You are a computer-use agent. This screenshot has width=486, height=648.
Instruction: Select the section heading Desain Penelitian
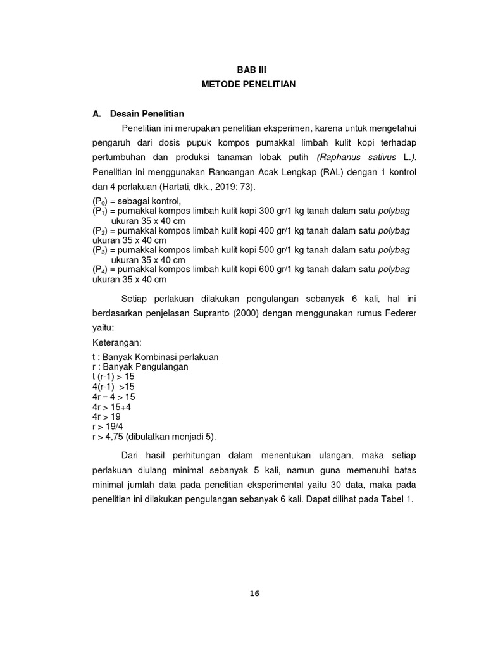coord(147,114)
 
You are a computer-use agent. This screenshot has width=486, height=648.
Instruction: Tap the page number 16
coord(254,593)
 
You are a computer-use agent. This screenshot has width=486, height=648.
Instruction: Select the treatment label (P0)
coord(100,201)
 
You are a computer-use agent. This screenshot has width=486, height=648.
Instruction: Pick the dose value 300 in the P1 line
coord(268,211)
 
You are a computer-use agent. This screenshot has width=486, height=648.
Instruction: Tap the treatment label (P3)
coord(100,250)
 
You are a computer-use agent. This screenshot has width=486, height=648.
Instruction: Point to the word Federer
coord(402,313)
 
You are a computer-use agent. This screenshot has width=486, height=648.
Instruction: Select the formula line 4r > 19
coord(106,417)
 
